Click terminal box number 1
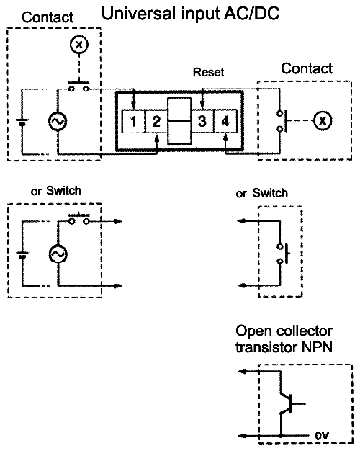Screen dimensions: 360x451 click(133, 121)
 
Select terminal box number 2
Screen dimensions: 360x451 click(156, 121)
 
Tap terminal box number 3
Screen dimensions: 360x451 click(202, 121)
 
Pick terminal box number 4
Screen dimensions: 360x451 click(225, 121)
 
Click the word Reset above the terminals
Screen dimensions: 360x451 click(209, 72)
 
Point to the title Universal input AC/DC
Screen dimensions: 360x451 click(190, 13)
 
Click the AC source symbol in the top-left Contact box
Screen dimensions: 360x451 click(58, 121)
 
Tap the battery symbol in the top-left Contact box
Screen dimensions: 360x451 click(22, 122)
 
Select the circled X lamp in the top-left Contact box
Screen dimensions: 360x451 click(79, 44)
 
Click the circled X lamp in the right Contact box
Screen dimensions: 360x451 click(323, 120)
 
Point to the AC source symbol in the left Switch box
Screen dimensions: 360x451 click(58, 254)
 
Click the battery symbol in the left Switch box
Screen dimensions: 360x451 click(22, 254)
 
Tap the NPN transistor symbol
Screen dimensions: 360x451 click(291, 403)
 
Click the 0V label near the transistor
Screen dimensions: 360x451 click(322, 436)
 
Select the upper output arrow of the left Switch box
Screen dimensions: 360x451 click(105, 221)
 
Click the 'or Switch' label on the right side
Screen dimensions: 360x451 click(261, 193)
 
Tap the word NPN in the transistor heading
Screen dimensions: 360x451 click(317, 347)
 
